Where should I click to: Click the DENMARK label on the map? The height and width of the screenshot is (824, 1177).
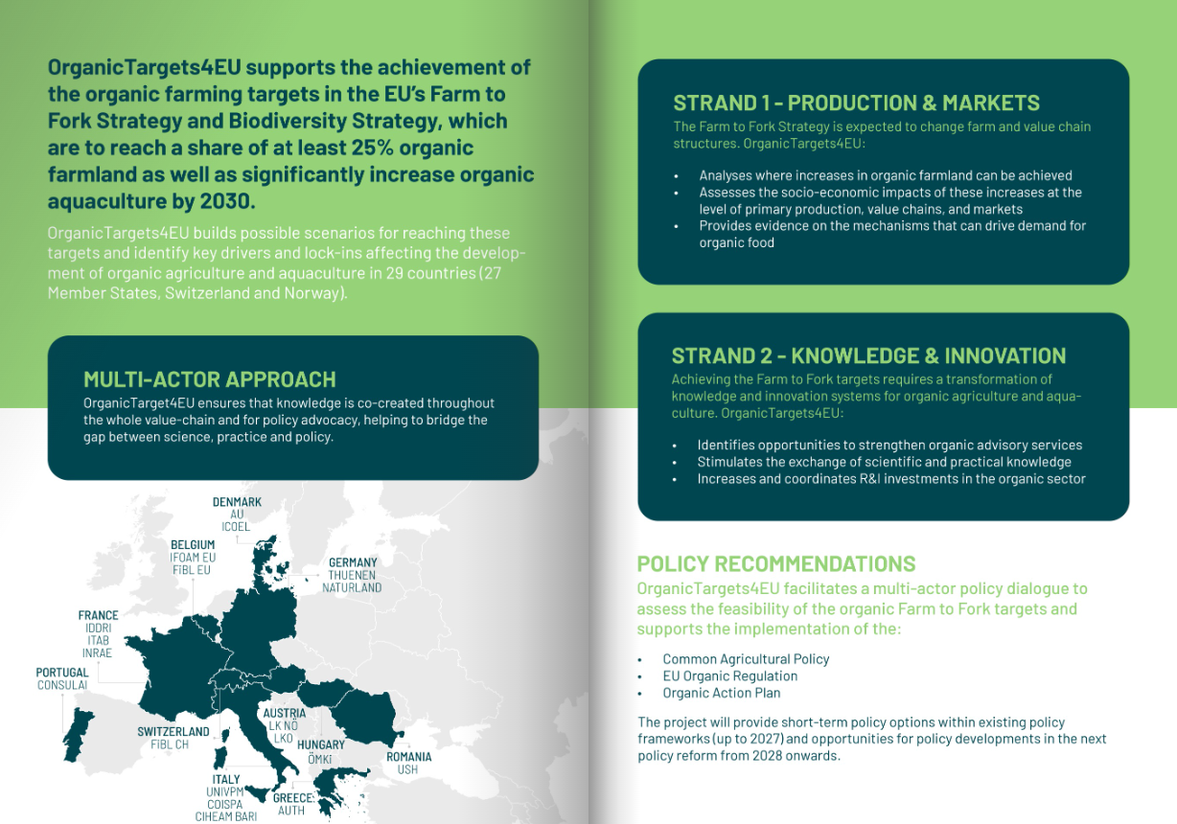coord(237,502)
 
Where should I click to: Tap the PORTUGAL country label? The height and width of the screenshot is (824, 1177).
coord(62,673)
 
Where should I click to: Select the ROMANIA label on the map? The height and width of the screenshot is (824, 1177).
coord(408,757)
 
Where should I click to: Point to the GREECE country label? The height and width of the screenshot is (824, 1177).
coord(292,798)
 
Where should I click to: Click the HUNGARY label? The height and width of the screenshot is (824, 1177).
coord(321,744)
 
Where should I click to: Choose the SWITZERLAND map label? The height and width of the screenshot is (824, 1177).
coord(173,732)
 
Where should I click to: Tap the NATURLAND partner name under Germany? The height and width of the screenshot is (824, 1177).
coord(352,587)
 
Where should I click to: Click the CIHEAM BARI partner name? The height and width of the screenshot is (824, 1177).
coord(226,816)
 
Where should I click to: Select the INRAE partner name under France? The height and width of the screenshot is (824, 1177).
coord(97,653)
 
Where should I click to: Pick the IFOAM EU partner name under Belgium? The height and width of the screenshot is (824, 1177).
coord(193,557)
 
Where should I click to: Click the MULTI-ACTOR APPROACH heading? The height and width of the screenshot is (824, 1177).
coord(210,379)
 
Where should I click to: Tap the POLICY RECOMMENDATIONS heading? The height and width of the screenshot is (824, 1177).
coord(776,564)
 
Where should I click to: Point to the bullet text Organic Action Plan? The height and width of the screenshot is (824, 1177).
coord(722,693)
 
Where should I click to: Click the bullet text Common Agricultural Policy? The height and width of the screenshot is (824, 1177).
coord(746,659)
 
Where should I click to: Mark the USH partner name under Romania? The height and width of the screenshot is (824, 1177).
coord(407,769)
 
